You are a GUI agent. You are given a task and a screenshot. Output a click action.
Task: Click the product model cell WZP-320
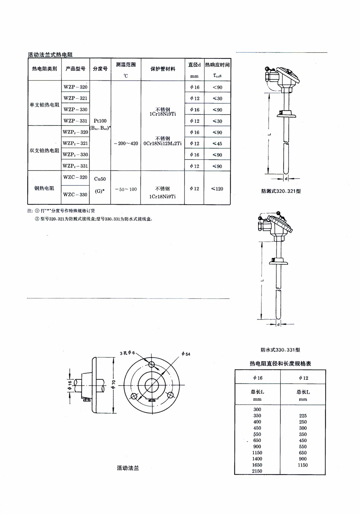click(75, 87)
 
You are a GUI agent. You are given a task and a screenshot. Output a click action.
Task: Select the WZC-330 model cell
click(75, 194)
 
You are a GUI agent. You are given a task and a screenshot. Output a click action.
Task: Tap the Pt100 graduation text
click(100, 121)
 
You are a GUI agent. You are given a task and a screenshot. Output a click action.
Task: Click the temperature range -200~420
click(126, 143)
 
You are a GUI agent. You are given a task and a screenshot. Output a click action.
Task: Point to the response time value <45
click(217, 144)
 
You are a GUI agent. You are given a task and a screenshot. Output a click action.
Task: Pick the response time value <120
click(217, 189)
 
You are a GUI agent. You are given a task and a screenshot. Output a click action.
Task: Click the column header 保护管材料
click(163, 69)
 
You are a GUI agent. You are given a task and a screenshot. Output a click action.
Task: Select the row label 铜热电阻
click(44, 188)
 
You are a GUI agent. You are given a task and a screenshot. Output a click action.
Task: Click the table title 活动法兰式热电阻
click(50, 55)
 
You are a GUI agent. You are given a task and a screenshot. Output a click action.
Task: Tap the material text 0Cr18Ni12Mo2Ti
click(163, 144)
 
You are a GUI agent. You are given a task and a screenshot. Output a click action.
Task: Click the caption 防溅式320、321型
click(281, 191)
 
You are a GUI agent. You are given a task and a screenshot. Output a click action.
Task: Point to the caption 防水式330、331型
click(280, 350)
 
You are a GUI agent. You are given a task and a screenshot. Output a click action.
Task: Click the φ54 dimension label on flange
click(186, 354)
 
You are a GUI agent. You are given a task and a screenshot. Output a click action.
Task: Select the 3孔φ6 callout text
click(127, 353)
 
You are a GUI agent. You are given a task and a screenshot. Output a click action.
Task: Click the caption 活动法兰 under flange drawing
click(128, 468)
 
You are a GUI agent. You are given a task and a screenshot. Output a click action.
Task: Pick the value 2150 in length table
click(257, 471)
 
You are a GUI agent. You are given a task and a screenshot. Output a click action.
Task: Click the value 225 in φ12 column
click(302, 416)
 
